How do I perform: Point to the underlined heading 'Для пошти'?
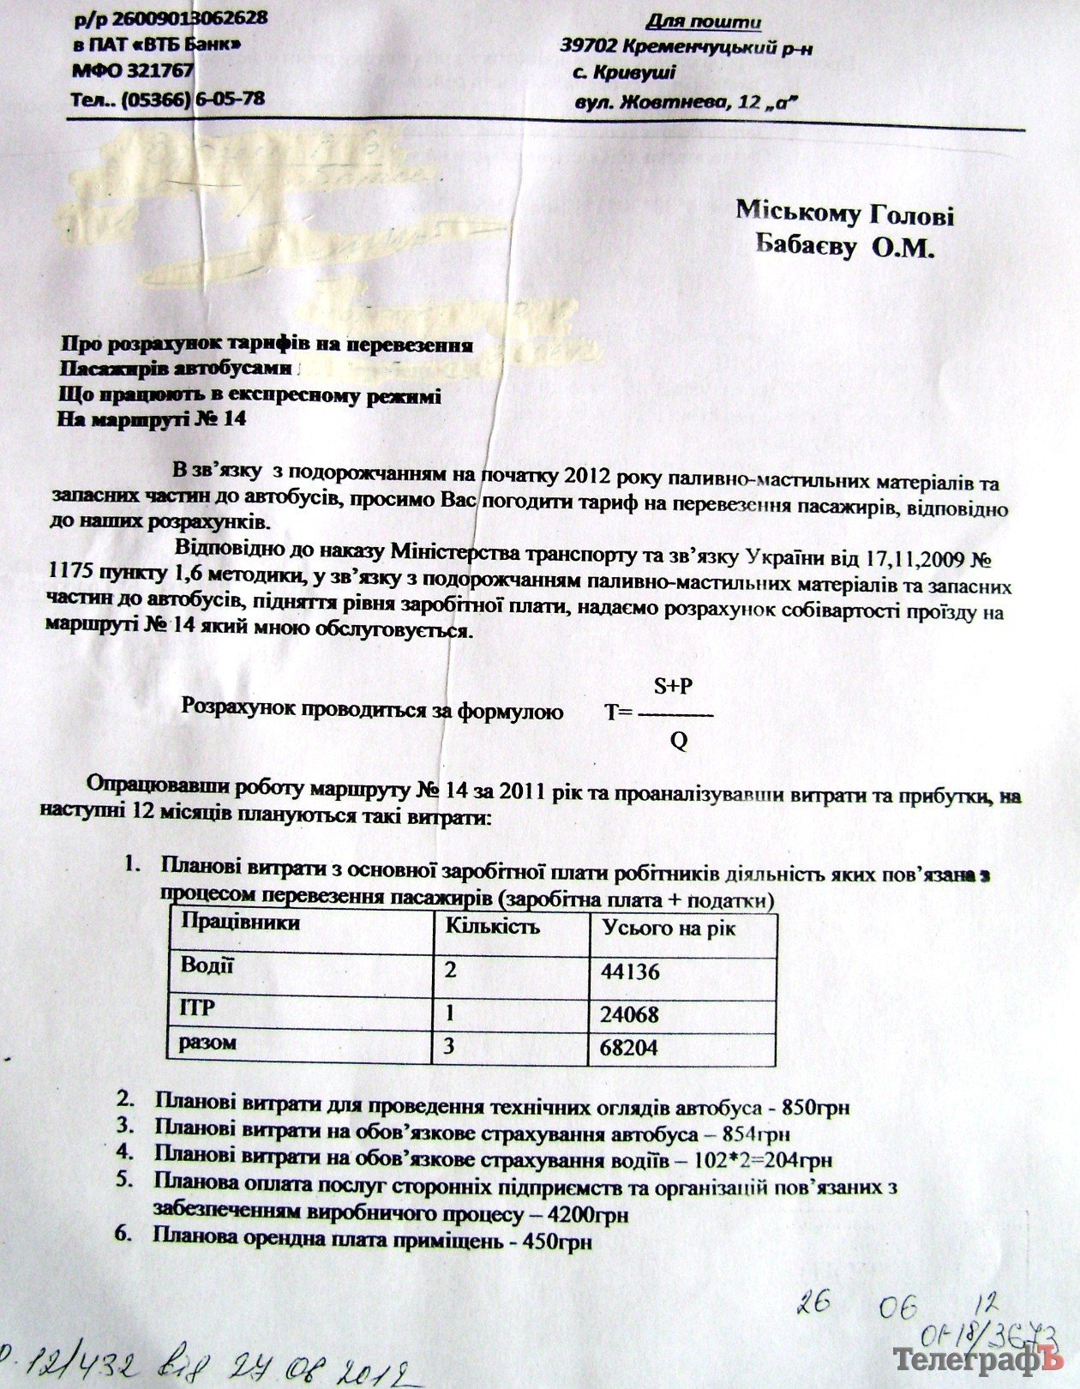tap(703, 21)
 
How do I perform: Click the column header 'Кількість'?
tap(492, 926)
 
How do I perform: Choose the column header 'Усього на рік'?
tap(669, 928)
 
